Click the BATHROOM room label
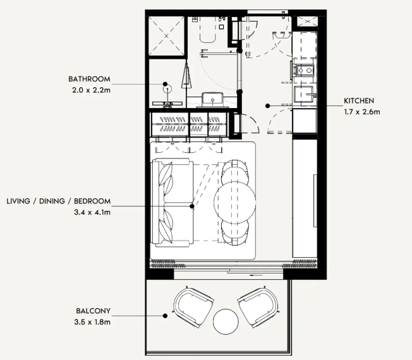pos(89,79)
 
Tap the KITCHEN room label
pos(359,101)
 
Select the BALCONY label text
pos(94,311)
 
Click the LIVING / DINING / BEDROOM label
pos(59,201)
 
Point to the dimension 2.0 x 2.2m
pos(92,90)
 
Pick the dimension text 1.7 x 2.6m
pos(362,112)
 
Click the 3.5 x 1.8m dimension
pos(92,322)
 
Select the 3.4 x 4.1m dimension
pos(92,212)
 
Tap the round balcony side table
pos(226,321)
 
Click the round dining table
pos(234,201)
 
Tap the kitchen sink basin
pos(304,94)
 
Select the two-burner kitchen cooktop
pos(305,70)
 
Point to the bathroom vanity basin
pos(212,100)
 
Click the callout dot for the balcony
pos(165,316)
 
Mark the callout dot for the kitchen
pos(267,106)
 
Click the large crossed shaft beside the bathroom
pos(167,36)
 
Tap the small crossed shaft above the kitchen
pos(307,21)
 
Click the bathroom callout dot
pos(165,84)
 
